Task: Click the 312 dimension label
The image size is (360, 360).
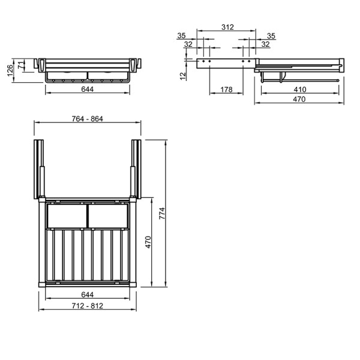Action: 227,27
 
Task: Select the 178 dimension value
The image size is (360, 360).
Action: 226,89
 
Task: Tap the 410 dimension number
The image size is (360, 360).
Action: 300,89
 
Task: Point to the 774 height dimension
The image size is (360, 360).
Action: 162,213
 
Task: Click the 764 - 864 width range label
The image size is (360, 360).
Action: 87,119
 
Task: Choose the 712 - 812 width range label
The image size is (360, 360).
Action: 87,306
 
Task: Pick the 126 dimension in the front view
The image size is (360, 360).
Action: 10,70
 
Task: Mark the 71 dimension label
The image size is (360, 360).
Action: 20,65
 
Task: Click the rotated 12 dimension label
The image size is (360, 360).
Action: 183,76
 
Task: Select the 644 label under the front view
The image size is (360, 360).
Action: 88,89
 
